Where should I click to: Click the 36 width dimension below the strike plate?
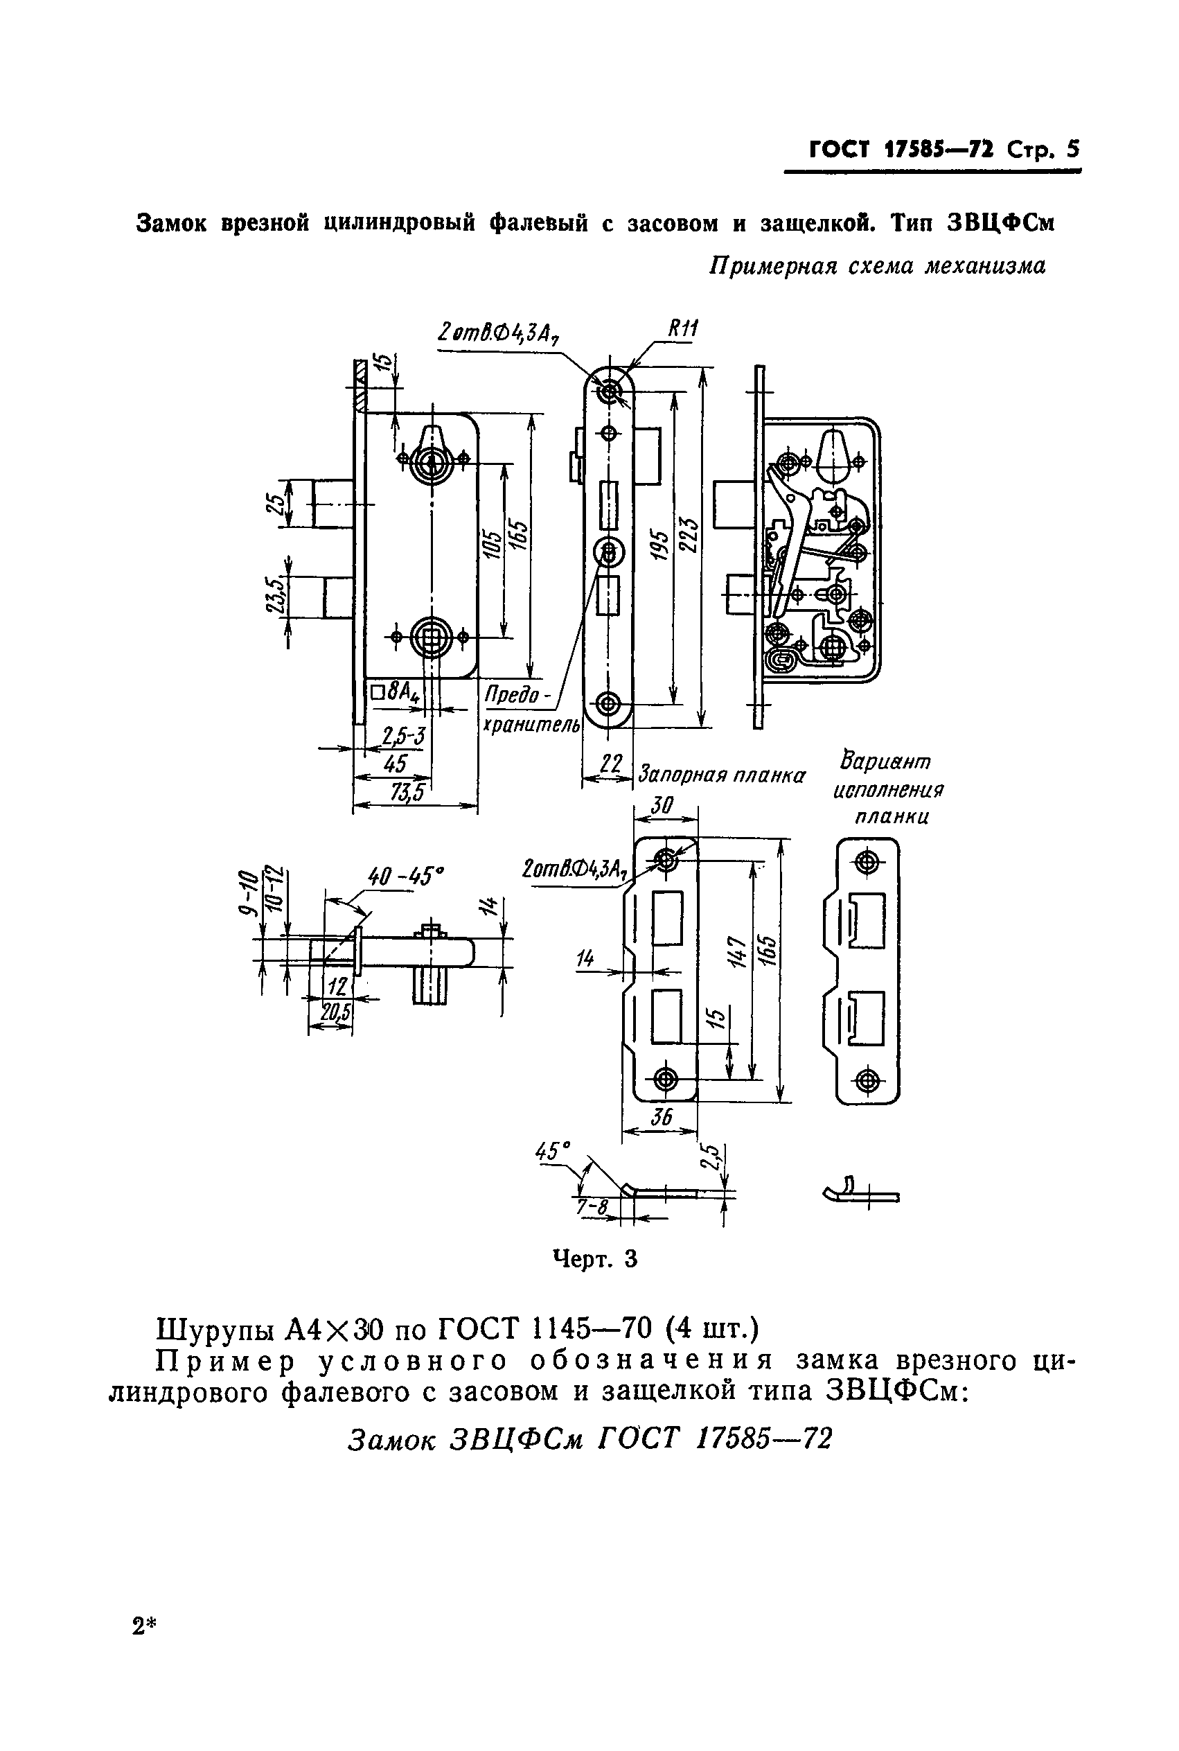(x=662, y=1118)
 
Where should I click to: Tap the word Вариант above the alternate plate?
(x=887, y=762)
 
